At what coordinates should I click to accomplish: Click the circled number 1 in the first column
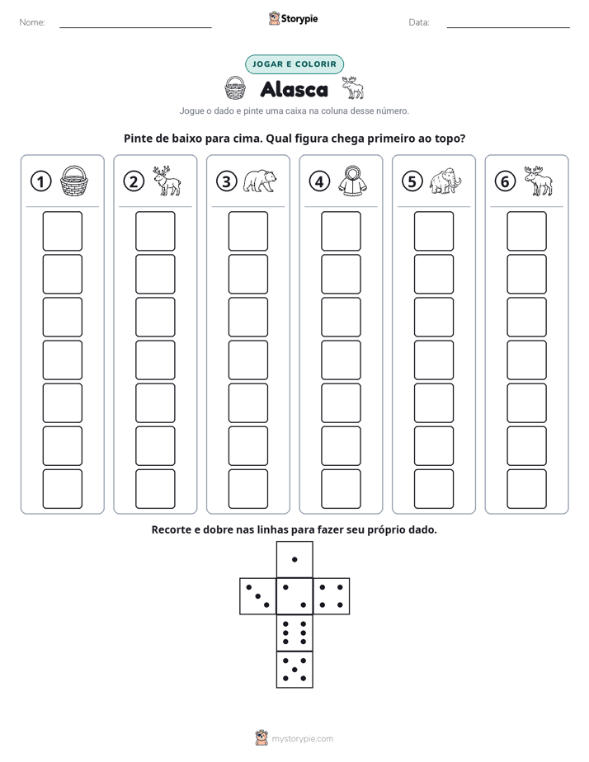(x=40, y=181)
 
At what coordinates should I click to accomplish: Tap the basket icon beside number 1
(x=74, y=181)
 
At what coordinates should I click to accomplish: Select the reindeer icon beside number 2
(x=167, y=181)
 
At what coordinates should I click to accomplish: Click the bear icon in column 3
(x=260, y=181)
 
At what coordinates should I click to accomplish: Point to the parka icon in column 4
(x=352, y=181)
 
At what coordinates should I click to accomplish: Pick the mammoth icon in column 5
(x=445, y=181)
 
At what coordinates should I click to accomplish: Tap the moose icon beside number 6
(x=538, y=181)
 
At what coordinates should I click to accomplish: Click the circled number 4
(x=319, y=181)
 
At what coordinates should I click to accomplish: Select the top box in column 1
(x=62, y=231)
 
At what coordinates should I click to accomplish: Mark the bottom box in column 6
(x=527, y=489)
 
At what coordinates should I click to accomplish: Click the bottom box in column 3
(x=247, y=489)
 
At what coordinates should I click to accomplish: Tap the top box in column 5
(x=434, y=231)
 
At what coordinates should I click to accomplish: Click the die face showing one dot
(x=294, y=559)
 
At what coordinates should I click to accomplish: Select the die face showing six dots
(x=294, y=633)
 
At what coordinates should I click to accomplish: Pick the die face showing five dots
(x=294, y=670)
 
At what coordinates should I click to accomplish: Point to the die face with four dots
(x=332, y=596)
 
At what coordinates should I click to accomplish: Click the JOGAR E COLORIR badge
(x=294, y=64)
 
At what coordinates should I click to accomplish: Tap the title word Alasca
(x=294, y=89)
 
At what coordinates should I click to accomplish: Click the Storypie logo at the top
(x=294, y=18)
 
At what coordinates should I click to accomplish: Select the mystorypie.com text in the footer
(x=302, y=739)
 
